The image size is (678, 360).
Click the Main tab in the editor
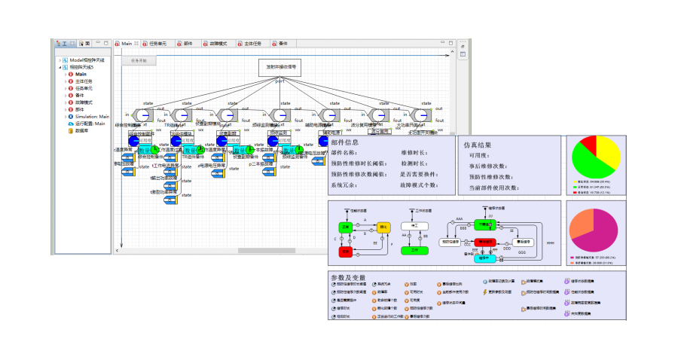pyautogui.click(x=126, y=44)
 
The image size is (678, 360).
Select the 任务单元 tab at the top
pyautogui.click(x=157, y=44)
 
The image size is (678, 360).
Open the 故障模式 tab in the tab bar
pyautogui.click(x=218, y=44)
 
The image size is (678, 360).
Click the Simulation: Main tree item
pyautogui.click(x=92, y=117)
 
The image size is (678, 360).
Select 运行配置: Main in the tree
pyautogui.click(x=90, y=124)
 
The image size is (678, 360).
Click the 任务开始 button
pyautogui.click(x=139, y=60)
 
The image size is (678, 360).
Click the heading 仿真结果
pyautogui.click(x=478, y=144)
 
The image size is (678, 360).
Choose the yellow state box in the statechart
pyautogui.click(x=383, y=227)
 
